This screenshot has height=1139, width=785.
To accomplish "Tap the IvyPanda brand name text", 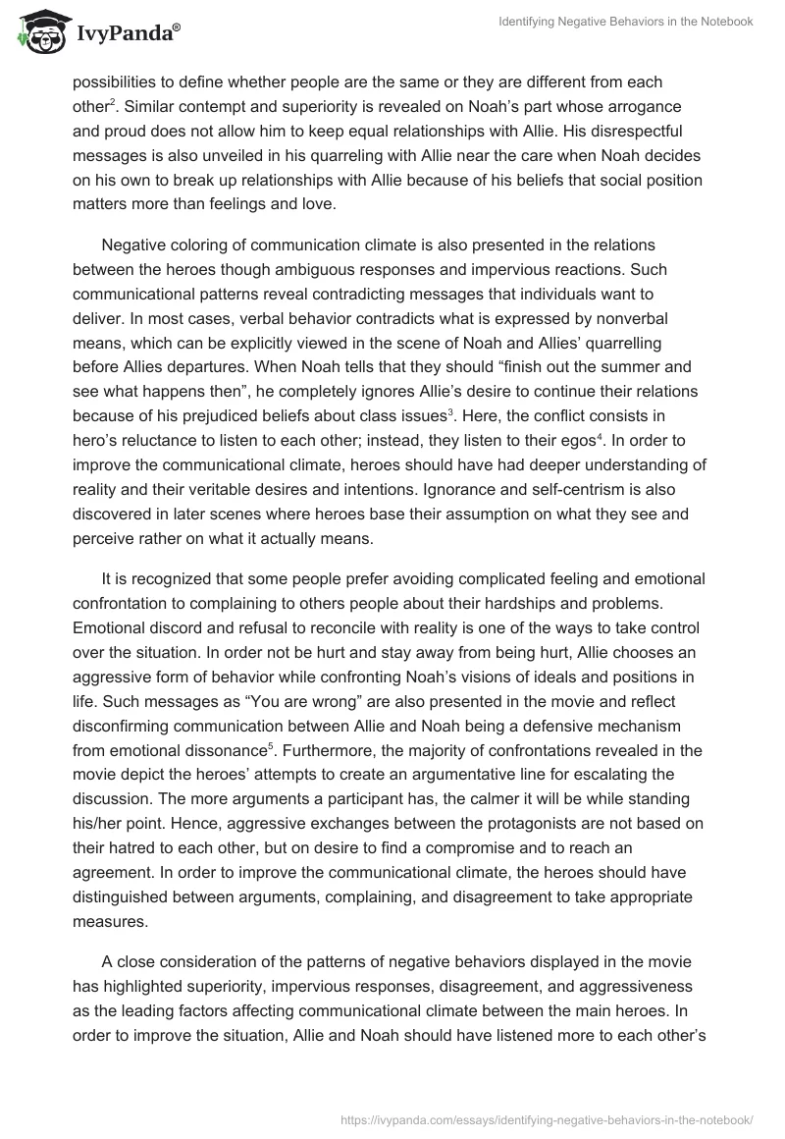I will pos(127,34).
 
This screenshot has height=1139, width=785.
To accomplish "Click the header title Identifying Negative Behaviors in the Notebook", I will pos(624,22).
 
